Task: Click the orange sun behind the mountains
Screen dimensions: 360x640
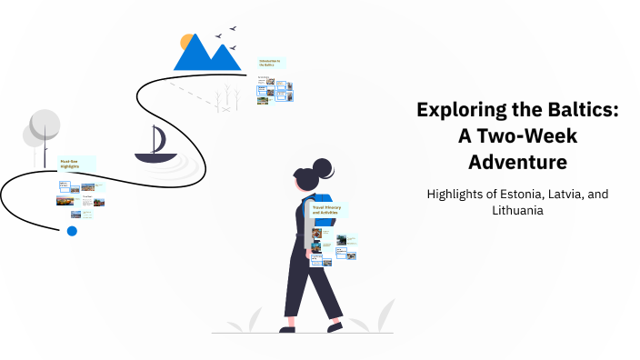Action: coord(188,42)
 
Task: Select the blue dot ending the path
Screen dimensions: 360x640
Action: coord(72,231)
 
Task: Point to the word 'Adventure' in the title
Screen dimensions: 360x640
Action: coord(517,162)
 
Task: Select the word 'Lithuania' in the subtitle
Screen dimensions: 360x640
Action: coord(517,210)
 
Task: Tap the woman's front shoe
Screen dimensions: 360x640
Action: coord(336,324)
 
